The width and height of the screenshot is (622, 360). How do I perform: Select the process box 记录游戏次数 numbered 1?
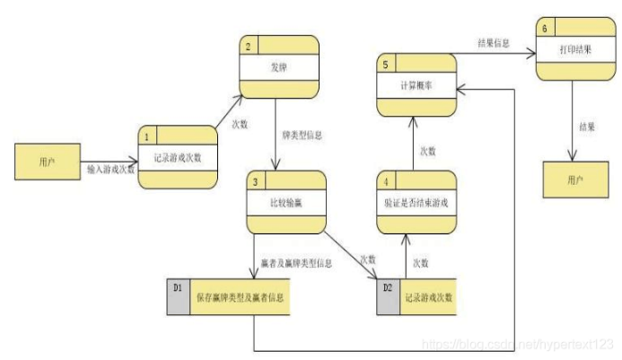point(178,158)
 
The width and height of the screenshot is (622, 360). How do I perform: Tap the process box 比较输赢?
point(286,202)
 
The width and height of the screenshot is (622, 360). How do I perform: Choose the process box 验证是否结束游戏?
point(416,202)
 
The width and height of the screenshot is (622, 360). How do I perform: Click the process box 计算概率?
point(416,84)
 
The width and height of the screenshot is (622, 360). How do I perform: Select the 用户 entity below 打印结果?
point(574,180)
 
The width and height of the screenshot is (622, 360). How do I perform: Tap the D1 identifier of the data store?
point(178,287)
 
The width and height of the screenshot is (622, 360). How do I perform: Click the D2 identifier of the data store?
point(389,287)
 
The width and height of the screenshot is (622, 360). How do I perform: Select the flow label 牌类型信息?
point(302,136)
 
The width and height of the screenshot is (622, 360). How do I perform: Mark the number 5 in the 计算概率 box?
point(385,64)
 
